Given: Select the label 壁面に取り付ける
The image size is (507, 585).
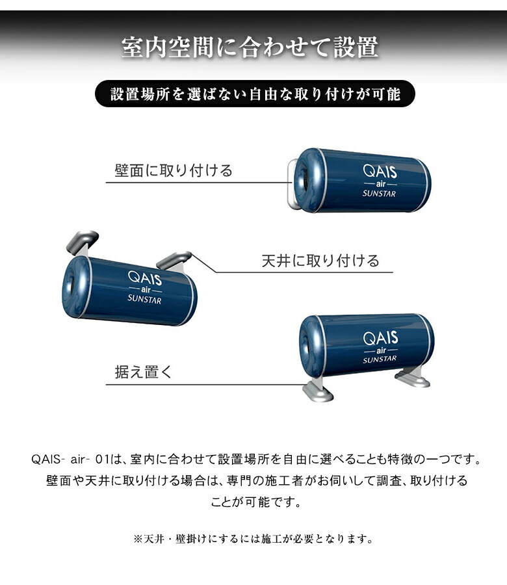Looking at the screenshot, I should click(x=173, y=171).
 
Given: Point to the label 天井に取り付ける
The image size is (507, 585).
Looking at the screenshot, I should click(x=320, y=261).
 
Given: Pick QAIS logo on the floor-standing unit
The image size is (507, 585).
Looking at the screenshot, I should click(x=380, y=339).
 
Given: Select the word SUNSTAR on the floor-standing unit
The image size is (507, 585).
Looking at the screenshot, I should click(x=380, y=359).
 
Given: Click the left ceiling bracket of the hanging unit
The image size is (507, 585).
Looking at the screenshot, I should click(x=81, y=241).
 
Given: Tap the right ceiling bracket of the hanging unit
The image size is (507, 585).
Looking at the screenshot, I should click(x=174, y=259).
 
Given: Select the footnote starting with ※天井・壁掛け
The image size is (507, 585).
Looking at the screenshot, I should click(x=253, y=539).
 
